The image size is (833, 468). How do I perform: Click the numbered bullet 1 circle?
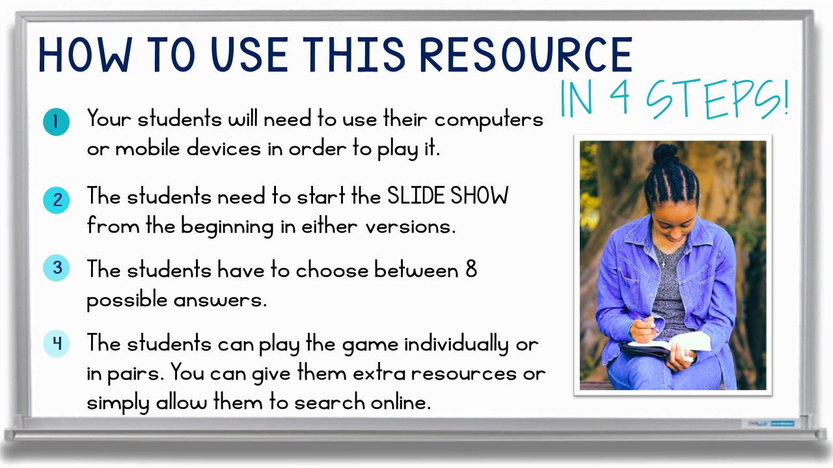click(x=56, y=122)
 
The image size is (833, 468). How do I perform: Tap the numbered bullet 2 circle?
click(x=56, y=200)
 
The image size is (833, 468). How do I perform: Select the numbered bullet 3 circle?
click(x=56, y=268)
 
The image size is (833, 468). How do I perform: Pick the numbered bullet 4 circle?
click(x=56, y=344)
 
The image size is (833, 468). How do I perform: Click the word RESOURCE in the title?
click(x=526, y=55)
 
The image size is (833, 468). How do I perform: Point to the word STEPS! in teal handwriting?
click(x=717, y=99)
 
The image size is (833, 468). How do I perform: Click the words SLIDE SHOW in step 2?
click(x=447, y=196)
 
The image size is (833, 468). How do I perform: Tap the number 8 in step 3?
click(x=471, y=269)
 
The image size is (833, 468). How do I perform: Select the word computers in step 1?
click(x=489, y=120)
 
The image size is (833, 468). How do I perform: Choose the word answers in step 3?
click(x=220, y=300)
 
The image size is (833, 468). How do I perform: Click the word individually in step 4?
click(x=456, y=344)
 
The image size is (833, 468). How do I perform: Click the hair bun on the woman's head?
click(x=665, y=153)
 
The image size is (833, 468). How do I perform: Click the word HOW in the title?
click(x=85, y=55)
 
